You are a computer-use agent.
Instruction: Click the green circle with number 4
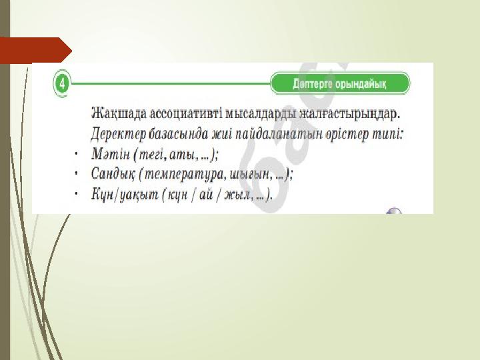62,83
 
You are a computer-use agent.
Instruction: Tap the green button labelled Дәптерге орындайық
340,83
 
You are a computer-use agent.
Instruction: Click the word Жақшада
119,114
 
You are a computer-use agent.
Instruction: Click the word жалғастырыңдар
349,114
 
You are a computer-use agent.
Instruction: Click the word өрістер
347,135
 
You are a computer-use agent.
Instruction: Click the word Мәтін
111,154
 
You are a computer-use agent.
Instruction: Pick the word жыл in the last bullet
237,195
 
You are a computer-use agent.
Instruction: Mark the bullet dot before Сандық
76,173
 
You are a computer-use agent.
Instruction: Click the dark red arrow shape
36,50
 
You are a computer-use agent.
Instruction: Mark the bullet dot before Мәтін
76,153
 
